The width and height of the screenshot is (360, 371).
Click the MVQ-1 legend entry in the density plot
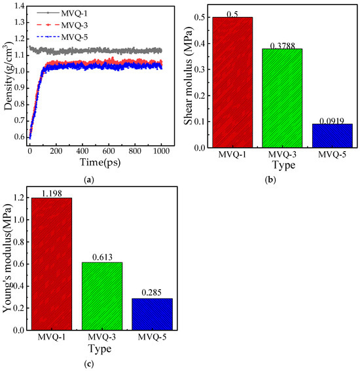62,13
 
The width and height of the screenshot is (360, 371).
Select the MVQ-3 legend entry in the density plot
62,25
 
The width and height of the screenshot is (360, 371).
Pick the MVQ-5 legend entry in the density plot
62,37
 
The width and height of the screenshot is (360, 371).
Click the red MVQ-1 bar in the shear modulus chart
232,82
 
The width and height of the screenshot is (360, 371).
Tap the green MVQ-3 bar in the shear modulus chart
282,98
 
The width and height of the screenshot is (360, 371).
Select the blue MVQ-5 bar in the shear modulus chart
333,135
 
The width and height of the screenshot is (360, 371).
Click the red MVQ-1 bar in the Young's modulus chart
52,264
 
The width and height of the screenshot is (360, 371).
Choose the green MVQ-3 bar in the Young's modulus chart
102,296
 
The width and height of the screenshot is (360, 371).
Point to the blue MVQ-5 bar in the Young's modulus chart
153,314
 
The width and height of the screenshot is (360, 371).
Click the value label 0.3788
282,46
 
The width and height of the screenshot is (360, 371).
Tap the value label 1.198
52,194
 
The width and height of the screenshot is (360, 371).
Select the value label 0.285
151,293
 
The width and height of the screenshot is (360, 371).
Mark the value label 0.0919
332,121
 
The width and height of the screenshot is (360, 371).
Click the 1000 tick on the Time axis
162,151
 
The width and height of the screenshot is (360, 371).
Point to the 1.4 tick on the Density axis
20,6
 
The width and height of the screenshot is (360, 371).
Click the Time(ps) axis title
100,162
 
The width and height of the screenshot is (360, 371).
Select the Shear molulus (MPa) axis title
189,75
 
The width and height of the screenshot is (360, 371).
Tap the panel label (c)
89,364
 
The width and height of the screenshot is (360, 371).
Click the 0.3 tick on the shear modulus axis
199,69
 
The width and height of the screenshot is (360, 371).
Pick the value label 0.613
102,257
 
